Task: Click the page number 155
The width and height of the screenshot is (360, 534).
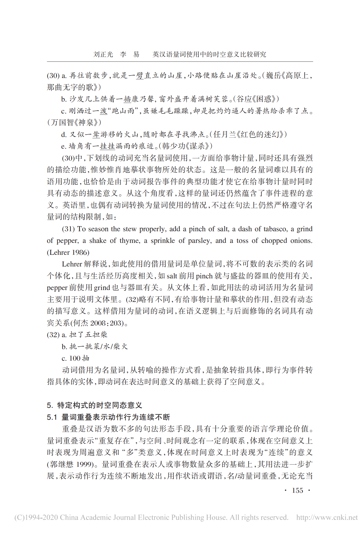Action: pos(297,490)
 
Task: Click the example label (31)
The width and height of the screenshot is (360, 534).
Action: pos(68,229)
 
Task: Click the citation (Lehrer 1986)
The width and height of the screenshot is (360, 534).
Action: pos(68,252)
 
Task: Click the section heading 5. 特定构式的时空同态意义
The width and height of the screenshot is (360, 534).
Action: pos(94,405)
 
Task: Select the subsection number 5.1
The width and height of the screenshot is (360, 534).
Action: pos(52,417)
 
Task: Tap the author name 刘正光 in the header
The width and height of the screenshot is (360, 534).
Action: pos(103,54)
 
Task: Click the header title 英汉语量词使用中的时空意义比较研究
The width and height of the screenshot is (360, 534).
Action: pos(209,54)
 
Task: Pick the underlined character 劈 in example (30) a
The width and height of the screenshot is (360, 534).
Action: pos(140,76)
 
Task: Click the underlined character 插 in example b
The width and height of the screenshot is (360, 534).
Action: pos(127,99)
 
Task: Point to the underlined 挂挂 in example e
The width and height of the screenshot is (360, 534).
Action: pos(107,146)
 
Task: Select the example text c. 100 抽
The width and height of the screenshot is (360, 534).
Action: pos(75,358)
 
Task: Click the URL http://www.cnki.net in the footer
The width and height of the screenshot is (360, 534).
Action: pos(327,517)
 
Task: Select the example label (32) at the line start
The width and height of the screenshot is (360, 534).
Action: pos(53,335)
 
